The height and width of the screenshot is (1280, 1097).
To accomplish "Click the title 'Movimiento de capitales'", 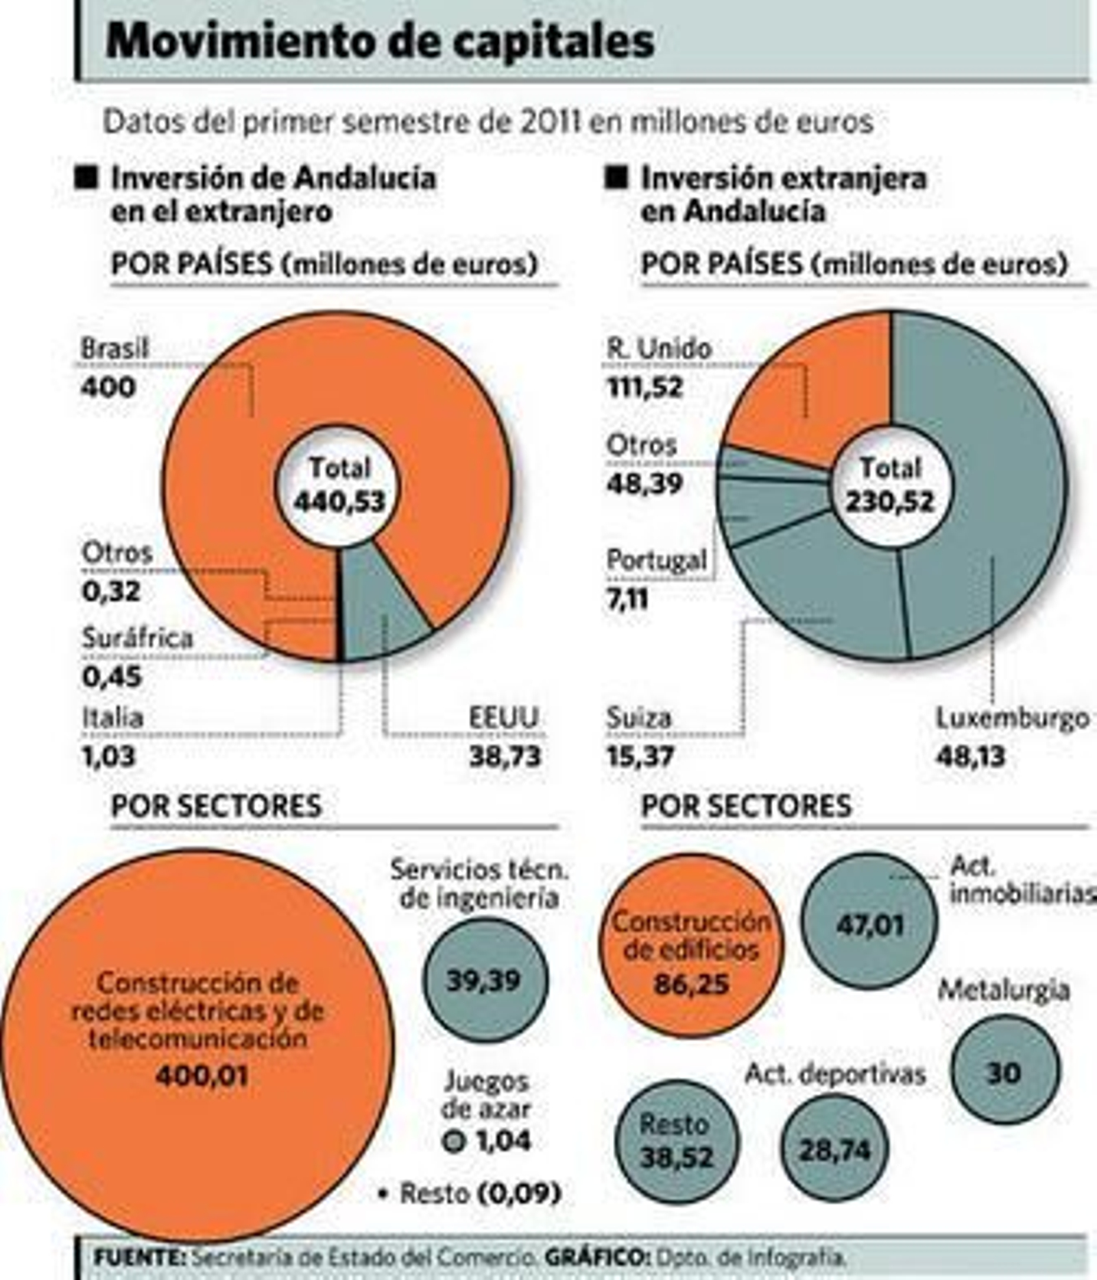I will click(x=379, y=41).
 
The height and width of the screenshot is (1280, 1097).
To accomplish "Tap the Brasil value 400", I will click(x=108, y=388).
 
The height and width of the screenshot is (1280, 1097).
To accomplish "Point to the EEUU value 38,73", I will click(x=505, y=757).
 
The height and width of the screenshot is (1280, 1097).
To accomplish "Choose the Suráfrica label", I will click(x=137, y=638).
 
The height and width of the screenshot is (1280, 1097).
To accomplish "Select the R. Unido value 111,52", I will click(x=645, y=388).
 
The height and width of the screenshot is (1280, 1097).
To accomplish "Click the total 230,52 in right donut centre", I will click(x=889, y=502).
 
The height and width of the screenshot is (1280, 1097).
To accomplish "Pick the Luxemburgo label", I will click(x=1012, y=719).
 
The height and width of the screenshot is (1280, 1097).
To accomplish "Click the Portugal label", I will click(x=656, y=561).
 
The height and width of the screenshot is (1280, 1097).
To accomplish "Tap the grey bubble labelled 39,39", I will click(x=485, y=980).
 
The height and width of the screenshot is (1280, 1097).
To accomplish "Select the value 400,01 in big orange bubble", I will click(x=201, y=1076).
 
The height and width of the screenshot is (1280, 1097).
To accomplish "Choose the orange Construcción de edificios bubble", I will click(x=690, y=946).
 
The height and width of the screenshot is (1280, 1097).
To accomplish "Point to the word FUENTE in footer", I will click(x=139, y=1257).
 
